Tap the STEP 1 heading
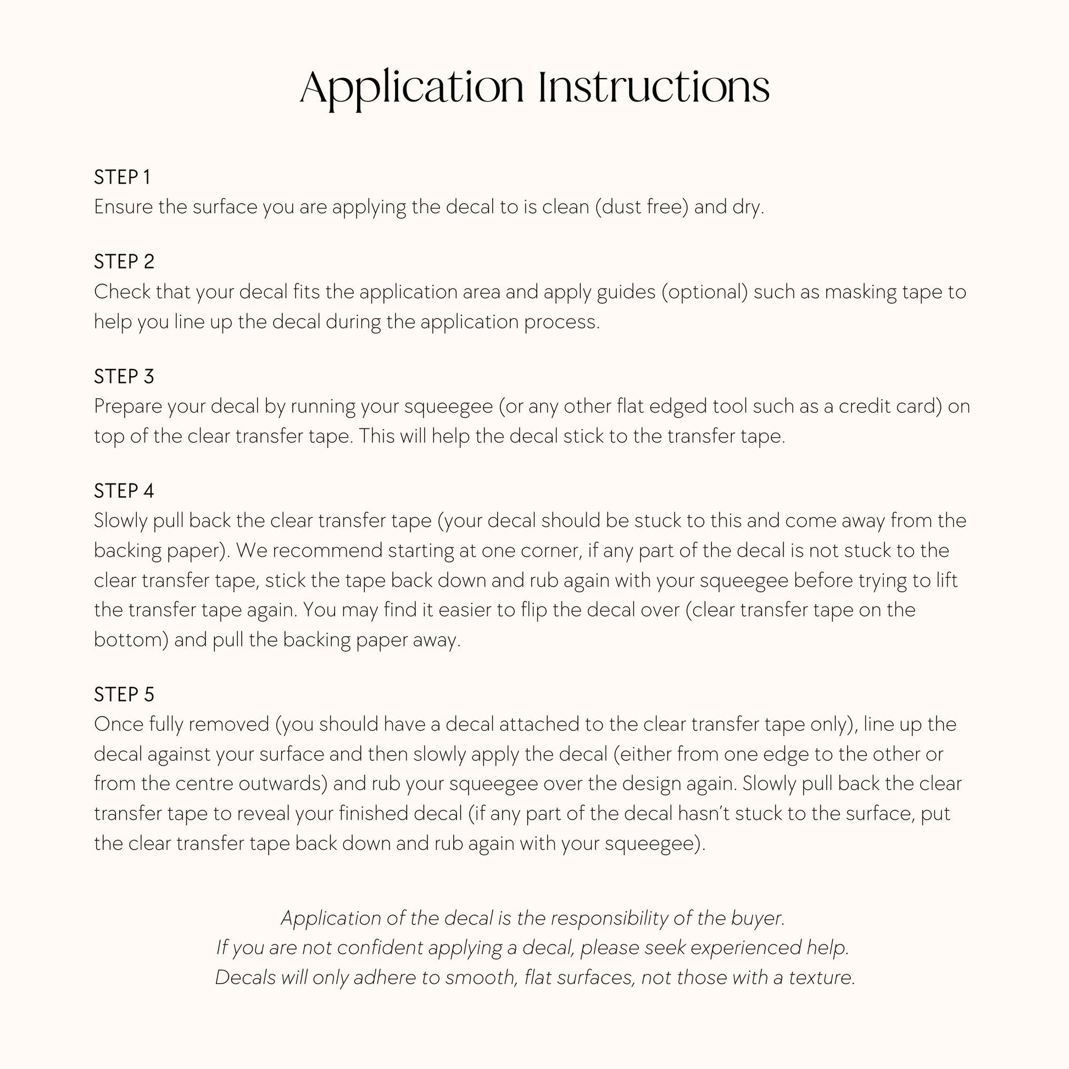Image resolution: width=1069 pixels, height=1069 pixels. click(x=123, y=177)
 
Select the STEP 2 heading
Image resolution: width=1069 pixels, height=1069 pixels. click(x=124, y=261)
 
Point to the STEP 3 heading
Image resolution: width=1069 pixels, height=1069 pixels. click(x=124, y=377)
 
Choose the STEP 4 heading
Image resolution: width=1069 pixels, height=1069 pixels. click(x=124, y=491)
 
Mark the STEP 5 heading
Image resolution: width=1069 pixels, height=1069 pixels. click(x=124, y=695)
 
